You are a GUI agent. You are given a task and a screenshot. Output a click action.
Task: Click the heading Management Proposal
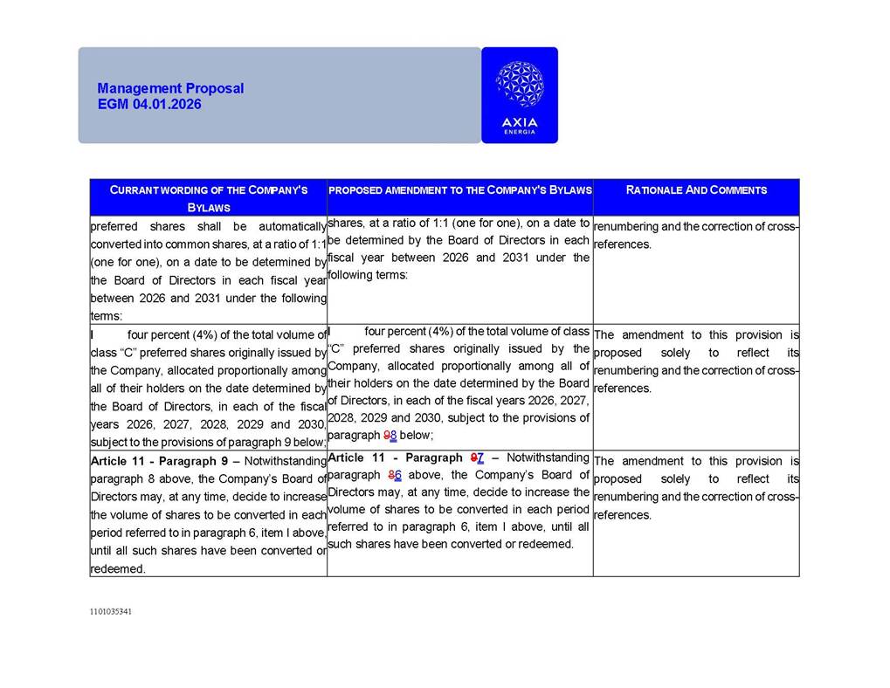pos(170,88)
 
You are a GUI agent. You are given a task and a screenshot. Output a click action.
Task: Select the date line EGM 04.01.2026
pos(149,104)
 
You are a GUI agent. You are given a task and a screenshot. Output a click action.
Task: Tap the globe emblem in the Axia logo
pos(519,85)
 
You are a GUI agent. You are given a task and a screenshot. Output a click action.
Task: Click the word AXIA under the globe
pos(520,122)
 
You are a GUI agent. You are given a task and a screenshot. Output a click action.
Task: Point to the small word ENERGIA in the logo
pos(520,132)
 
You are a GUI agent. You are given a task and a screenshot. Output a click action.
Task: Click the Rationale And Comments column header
pos(696,189)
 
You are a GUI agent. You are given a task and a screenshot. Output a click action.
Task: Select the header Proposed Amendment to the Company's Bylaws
pos(459,189)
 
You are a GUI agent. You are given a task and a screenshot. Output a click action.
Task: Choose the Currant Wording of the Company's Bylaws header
pos(208,198)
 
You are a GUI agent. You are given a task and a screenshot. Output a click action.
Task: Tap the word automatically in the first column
pos(284,226)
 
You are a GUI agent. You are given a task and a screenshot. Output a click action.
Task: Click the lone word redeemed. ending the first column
pos(118,568)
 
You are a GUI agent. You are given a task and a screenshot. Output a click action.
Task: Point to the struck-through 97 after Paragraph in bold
pos(477,458)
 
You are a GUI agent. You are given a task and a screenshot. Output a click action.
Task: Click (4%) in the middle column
pos(427,331)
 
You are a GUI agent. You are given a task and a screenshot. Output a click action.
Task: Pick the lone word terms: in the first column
pos(107,315)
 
